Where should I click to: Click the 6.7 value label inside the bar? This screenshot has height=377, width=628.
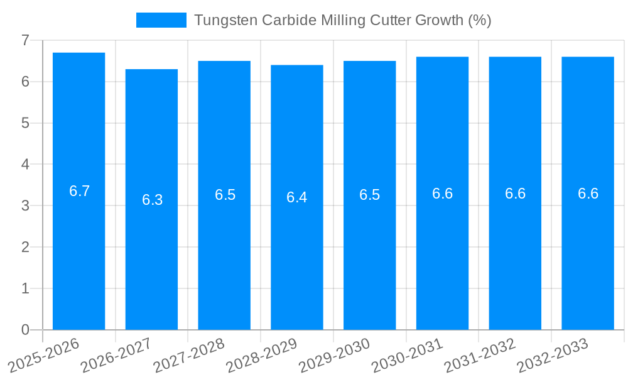coord(80,192)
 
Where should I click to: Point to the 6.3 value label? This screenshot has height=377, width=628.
coord(152,200)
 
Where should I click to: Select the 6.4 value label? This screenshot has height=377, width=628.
coord(297,197)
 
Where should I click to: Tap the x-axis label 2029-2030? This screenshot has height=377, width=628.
coord(335,356)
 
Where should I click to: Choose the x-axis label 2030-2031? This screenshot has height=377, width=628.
coord(407,356)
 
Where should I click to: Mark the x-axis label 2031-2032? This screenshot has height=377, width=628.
coord(480,356)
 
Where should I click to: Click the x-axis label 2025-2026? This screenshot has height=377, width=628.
coord(44,356)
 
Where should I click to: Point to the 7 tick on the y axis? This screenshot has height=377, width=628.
coord(25,40)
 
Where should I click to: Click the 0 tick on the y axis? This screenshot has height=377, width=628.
coord(25,330)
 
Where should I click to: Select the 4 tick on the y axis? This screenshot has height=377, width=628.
coord(25,165)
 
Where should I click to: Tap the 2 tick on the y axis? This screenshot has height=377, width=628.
coord(25,247)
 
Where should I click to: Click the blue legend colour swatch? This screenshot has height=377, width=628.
coord(161,20)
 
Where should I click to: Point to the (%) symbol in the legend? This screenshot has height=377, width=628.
coord(480,20)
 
